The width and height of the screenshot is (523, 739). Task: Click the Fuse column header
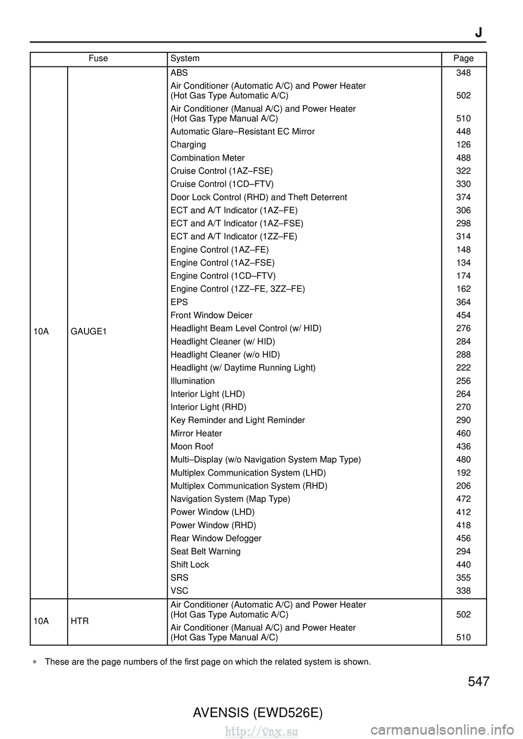tap(98, 58)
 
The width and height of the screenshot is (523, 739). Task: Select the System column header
tap(185, 58)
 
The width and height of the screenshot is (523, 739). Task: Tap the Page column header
tap(463, 58)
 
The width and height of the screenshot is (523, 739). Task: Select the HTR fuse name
tap(80, 621)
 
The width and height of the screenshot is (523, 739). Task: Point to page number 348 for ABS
tap(463, 72)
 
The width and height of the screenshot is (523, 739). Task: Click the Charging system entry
tap(188, 145)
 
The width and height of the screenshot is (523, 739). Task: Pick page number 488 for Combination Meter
tap(463, 158)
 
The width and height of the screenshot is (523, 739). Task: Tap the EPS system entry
tap(179, 302)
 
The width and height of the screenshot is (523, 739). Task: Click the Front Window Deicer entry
tap(211, 315)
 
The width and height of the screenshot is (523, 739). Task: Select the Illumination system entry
tap(192, 381)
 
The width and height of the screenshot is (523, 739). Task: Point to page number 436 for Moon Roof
tap(463, 446)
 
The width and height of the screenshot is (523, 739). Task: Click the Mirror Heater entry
tap(196, 433)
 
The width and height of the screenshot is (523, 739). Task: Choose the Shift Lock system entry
tap(190, 564)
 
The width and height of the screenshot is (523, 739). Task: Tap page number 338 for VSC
tap(463, 590)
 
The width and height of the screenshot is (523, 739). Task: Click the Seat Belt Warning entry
tap(205, 551)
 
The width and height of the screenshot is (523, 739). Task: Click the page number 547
tap(478, 681)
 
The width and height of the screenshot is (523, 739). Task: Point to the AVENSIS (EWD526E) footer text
tap(258, 712)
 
